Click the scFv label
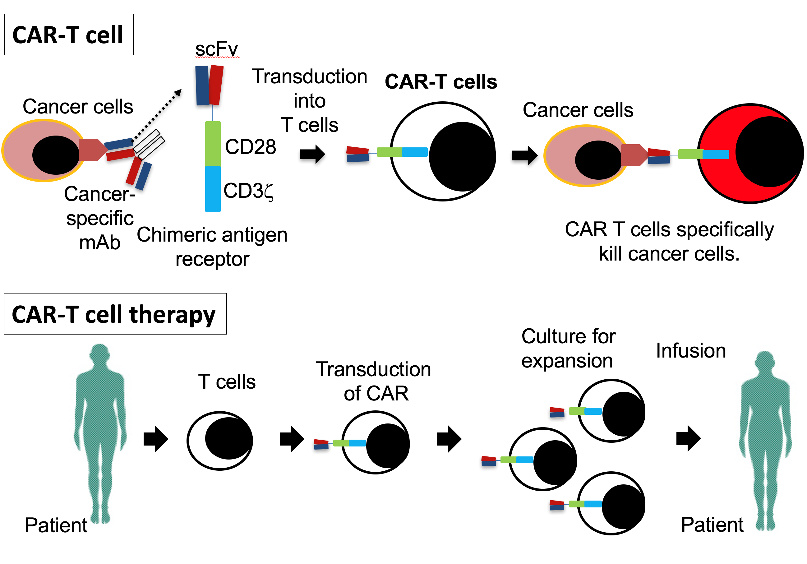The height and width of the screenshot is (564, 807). click(216, 49)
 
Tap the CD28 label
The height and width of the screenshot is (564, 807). click(250, 147)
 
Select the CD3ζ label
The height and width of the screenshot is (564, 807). click(248, 191)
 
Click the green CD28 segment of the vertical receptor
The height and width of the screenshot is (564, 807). click(213, 143)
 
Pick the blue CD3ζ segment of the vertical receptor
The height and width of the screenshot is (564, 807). click(213, 189)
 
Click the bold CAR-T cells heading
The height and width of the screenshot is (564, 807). click(441, 82)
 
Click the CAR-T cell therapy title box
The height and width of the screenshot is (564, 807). click(115, 314)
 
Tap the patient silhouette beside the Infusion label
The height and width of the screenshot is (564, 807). click(765, 440)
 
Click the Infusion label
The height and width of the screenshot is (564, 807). click(691, 351)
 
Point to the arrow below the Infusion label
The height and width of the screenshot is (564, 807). click(688, 438)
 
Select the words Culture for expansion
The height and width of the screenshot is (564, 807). click(568, 348)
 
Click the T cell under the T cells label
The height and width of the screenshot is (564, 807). click(220, 441)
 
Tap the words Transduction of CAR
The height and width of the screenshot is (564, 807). click(374, 381)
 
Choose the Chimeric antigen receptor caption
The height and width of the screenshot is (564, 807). click(212, 247)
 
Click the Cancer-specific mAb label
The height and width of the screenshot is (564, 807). click(100, 218)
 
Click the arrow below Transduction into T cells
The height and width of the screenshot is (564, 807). click(312, 154)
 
